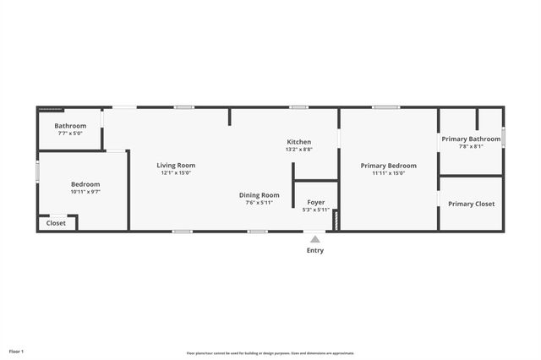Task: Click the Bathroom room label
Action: coord(71,126)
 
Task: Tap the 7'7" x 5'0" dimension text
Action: coord(71,134)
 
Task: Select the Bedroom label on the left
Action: coord(85,184)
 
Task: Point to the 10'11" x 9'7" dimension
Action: coord(85,192)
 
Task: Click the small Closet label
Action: coord(56,223)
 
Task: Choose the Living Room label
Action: coord(176,165)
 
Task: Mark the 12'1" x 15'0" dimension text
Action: coord(176,173)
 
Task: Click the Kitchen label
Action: coord(298,142)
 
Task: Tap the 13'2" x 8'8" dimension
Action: coord(298,150)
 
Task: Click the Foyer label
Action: coord(315,202)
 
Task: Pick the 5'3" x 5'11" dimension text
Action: coord(315,210)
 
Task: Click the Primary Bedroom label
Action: coord(388,166)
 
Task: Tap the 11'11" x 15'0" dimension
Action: coord(388,173)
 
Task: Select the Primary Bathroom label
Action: coord(471,139)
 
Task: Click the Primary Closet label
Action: coord(471,204)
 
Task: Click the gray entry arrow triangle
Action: coord(314,239)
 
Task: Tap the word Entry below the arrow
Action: coord(314,250)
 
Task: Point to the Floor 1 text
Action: coord(16,351)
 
